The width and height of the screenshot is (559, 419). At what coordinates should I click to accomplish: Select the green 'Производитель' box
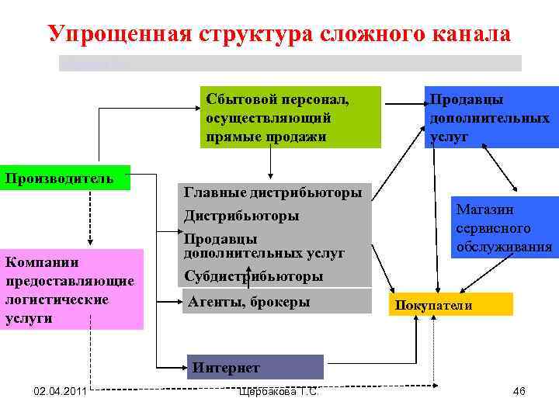tap(64, 178)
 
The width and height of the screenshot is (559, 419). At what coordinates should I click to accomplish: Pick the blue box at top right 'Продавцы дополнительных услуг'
tap(490, 117)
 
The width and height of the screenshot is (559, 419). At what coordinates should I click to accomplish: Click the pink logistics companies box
tap(71, 289)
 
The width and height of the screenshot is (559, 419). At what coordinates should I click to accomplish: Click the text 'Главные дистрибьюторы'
tap(273, 192)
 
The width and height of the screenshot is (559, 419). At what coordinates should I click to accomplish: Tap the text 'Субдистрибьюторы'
tap(253, 275)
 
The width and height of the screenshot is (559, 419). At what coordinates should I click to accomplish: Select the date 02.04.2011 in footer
tap(60, 391)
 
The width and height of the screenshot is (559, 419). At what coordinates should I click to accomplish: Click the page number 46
tap(519, 391)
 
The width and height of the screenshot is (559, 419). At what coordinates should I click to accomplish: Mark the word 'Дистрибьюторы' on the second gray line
tap(241, 216)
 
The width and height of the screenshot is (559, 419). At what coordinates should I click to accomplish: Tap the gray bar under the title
tap(290, 63)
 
